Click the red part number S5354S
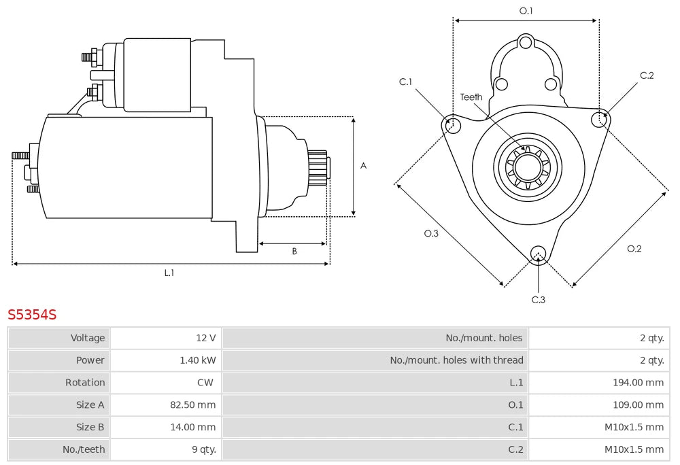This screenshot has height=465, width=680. (32, 315)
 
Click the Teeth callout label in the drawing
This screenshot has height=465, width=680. (471, 97)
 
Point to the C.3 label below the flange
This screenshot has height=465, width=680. (538, 299)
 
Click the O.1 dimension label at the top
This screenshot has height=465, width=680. (526, 11)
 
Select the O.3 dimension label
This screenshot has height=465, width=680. (431, 233)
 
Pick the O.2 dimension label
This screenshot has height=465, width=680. (634, 249)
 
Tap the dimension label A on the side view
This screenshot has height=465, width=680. (363, 166)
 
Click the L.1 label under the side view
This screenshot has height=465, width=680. (169, 273)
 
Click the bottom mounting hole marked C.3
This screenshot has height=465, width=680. (538, 252)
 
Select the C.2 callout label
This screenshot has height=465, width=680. (647, 75)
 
